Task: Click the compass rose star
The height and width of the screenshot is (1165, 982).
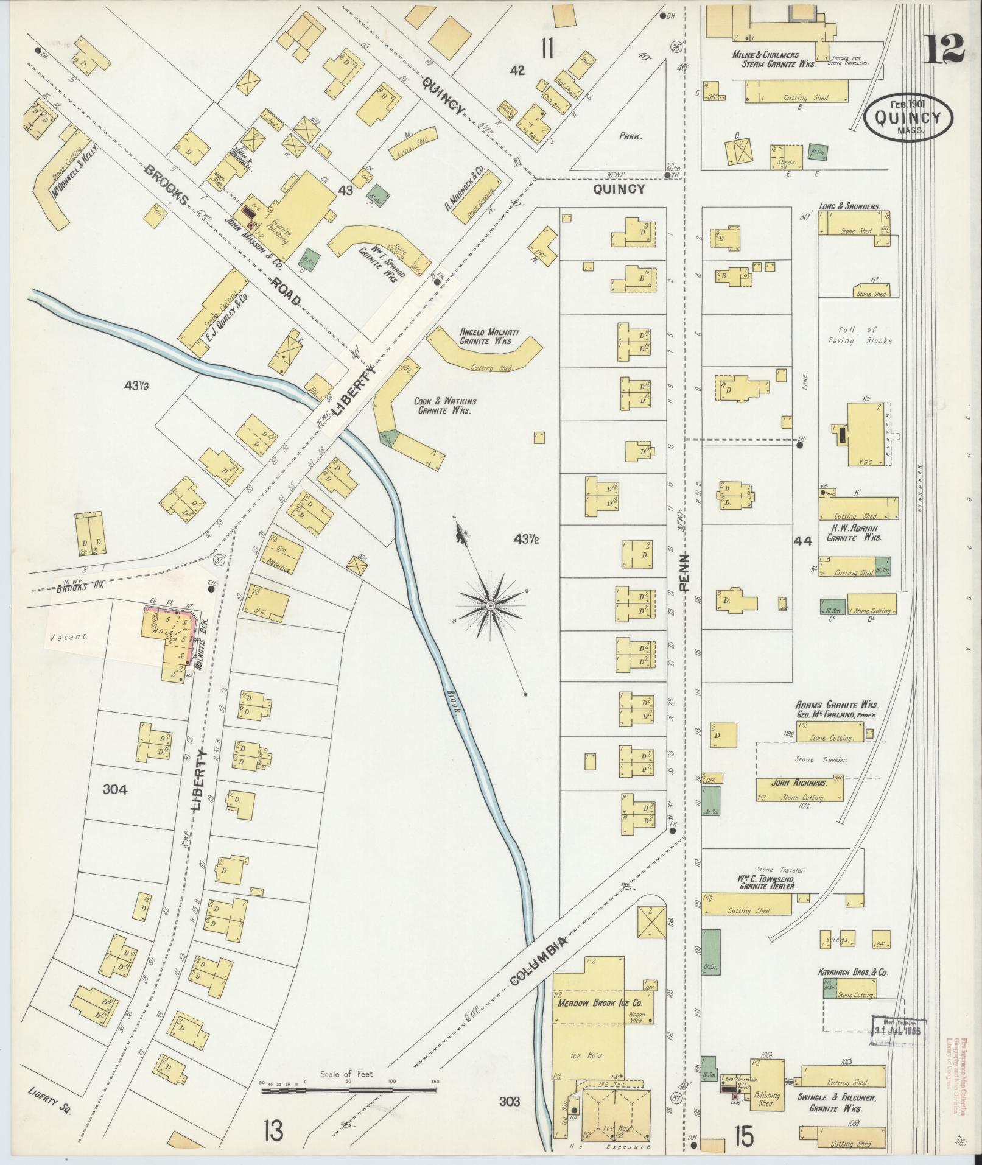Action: [491, 604]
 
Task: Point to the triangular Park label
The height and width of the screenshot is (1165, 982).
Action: [631, 137]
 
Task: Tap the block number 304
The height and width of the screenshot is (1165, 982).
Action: [115, 790]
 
